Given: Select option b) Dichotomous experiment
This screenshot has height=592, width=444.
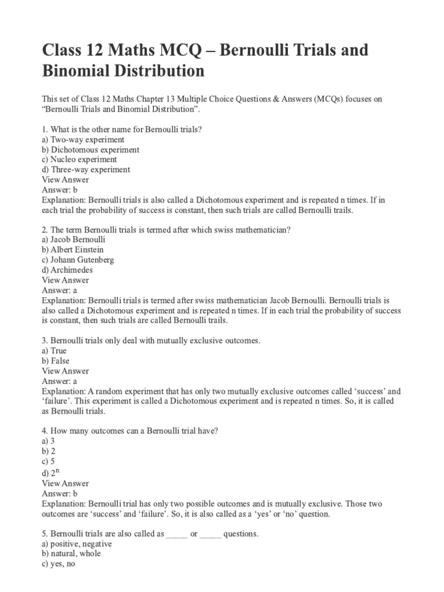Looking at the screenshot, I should pyautogui.click(x=90, y=150).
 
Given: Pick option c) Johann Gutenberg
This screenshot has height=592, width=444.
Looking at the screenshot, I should pyautogui.click(x=78, y=260).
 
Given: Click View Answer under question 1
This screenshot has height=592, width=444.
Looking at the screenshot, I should pyautogui.click(x=65, y=180).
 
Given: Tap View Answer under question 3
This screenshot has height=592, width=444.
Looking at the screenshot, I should pyautogui.click(x=65, y=371).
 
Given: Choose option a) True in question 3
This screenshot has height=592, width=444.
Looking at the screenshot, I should pyautogui.click(x=54, y=350).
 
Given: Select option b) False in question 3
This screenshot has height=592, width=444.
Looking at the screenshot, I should pyautogui.click(x=55, y=361).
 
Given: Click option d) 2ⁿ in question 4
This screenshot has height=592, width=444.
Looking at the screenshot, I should pyautogui.click(x=51, y=472).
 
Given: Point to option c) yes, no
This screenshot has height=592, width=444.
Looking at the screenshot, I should pyautogui.click(x=59, y=564).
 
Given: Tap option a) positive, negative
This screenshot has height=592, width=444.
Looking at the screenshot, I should pyautogui.click(x=77, y=544).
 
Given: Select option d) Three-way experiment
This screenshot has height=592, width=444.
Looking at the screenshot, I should pyautogui.click(x=86, y=169).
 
